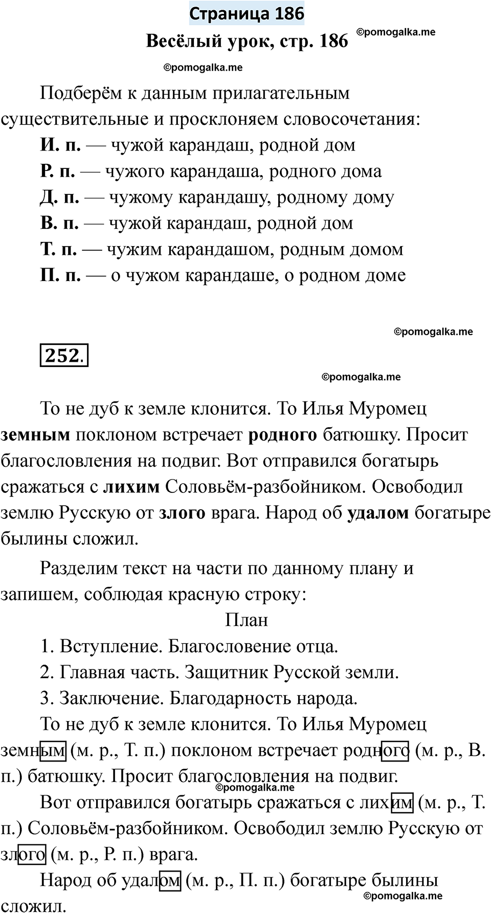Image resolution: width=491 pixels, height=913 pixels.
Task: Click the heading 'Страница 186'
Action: point(247,13)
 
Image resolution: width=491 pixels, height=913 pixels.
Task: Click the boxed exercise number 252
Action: point(64,355)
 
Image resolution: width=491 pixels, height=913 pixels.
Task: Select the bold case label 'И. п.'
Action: point(60,145)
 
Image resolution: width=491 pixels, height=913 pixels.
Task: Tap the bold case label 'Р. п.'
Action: point(58,171)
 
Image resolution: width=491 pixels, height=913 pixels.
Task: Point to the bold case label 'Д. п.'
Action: point(59,198)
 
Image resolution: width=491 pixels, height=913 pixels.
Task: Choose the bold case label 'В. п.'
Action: point(59,224)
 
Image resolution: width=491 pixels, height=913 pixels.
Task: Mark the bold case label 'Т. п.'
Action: point(58,250)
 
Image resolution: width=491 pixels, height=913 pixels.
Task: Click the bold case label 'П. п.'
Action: point(60,276)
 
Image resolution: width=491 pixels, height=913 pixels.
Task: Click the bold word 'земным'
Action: point(35,435)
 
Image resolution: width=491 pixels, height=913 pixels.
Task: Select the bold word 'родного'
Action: point(282,435)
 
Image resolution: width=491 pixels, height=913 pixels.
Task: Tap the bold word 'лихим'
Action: point(131,487)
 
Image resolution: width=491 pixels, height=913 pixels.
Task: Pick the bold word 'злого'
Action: point(182,513)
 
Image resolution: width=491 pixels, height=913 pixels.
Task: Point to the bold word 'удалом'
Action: point(378,513)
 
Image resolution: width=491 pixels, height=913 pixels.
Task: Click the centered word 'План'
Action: point(247,620)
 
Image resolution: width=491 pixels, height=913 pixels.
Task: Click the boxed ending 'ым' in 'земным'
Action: point(53,751)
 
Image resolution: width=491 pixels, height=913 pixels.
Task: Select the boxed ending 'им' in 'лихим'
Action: point(401,803)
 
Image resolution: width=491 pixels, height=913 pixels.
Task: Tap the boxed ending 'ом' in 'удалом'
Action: point(170,881)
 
